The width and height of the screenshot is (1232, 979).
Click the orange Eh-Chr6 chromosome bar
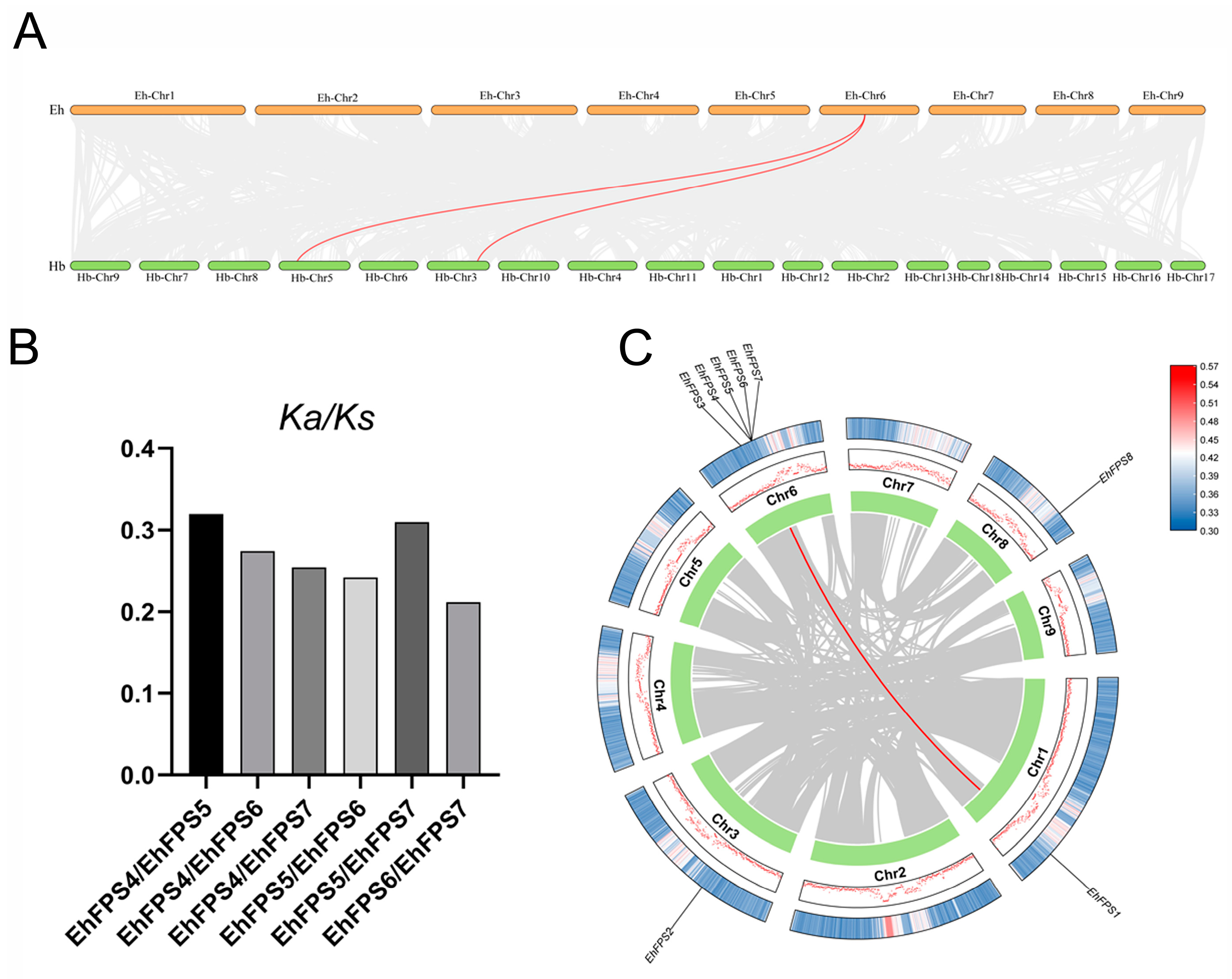[x=869, y=110]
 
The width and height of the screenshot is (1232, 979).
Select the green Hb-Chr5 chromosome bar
[x=314, y=266]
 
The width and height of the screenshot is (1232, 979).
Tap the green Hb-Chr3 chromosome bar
[x=458, y=266]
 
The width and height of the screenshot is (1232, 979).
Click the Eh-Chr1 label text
[x=154, y=95]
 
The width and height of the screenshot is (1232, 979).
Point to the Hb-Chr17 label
[x=1190, y=278]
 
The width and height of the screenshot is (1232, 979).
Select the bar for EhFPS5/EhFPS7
[x=412, y=648]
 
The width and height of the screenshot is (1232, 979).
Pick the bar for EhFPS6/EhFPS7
[x=463, y=688]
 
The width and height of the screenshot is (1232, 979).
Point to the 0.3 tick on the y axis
[x=137, y=531]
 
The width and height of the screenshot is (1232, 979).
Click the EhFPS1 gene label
[x=1103, y=902]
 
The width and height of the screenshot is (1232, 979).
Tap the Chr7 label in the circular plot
[x=898, y=485]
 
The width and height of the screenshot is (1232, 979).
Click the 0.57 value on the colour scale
[x=1209, y=367]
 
